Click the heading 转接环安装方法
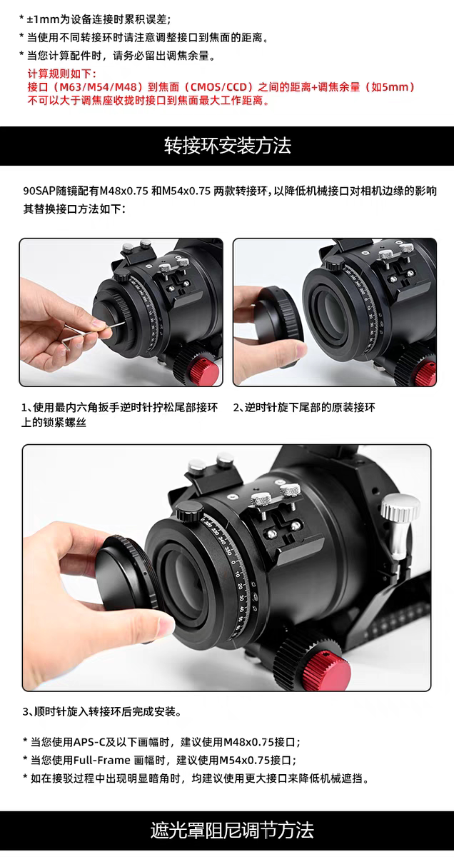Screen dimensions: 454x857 (228, 146)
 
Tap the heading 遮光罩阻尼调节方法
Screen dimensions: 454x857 (232, 830)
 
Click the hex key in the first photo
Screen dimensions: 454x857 (93, 332)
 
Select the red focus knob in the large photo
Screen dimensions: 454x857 (329, 671)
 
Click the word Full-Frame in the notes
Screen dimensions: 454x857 (102, 760)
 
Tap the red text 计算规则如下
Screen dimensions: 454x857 (61, 74)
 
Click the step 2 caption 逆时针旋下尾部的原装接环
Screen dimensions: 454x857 (309, 408)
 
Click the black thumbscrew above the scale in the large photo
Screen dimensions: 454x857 (189, 512)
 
